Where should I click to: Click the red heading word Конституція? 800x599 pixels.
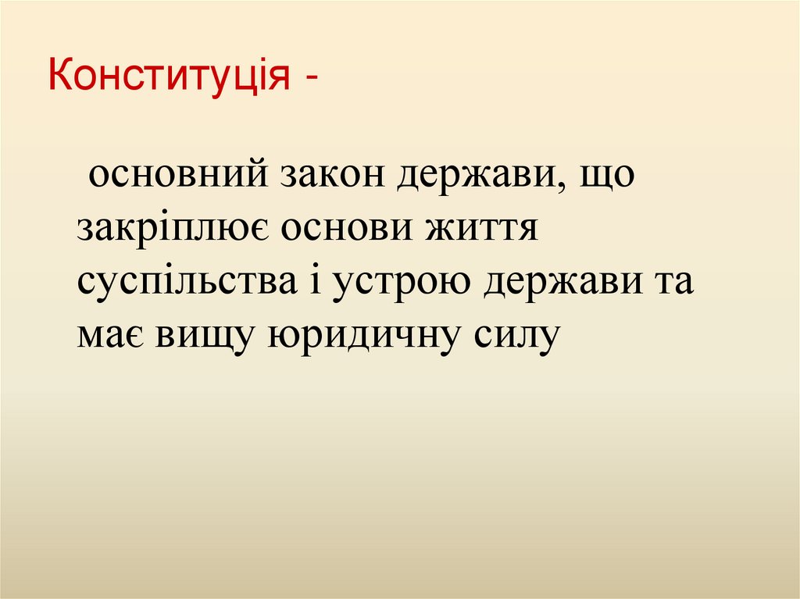click(x=167, y=78)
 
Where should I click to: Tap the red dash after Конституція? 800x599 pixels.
click(x=312, y=80)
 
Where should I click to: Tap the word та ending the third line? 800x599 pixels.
click(x=671, y=282)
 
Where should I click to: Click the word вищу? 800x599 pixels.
click(x=206, y=337)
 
